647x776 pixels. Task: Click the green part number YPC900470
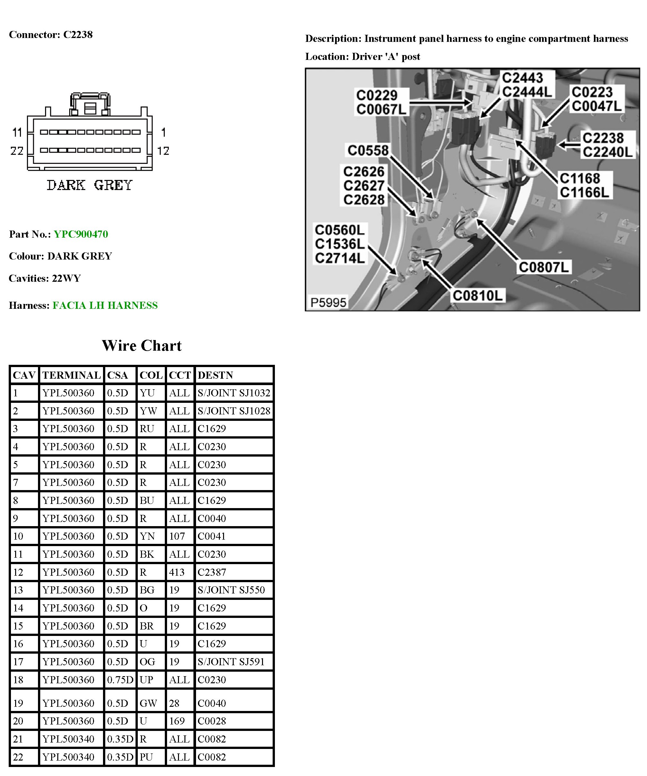tap(80, 234)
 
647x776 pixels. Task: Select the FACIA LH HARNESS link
tap(105, 305)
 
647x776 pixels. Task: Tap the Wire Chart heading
tap(142, 345)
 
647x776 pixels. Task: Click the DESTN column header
tap(215, 375)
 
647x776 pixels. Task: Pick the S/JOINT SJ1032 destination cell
tap(233, 393)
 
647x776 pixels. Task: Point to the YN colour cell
tap(147, 536)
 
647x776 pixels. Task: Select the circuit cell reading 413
tap(177, 572)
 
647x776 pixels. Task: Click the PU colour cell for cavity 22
tap(146, 757)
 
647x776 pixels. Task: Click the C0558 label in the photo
tap(368, 150)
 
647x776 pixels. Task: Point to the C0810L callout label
tap(477, 296)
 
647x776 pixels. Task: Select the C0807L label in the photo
tap(544, 267)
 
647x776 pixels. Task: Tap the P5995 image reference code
tap(328, 303)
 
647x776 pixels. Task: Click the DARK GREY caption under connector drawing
tap(89, 185)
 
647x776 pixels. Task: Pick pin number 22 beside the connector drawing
tap(17, 151)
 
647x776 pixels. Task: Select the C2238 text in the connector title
tap(78, 35)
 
